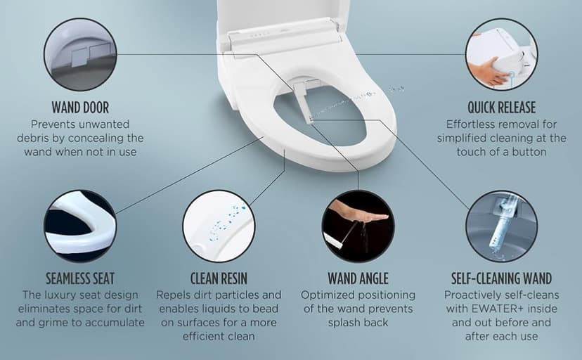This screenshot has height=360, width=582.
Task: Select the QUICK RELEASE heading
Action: coord(501,108)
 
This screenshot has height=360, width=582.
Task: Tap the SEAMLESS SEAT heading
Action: coord(79,278)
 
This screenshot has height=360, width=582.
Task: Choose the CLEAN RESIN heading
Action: coord(219,278)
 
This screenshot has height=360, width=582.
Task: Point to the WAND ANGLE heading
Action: coord(358,278)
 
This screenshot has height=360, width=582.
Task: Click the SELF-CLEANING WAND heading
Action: coord(501,278)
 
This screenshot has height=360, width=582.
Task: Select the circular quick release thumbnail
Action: coord(502,54)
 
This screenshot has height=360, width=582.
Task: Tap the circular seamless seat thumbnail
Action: coord(79,226)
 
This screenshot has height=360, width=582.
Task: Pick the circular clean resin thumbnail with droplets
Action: coord(219,226)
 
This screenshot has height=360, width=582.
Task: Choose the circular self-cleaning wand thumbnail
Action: coord(501,226)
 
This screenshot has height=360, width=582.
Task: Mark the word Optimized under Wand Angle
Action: coord(329,295)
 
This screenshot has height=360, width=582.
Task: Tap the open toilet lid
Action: coord(281,18)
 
